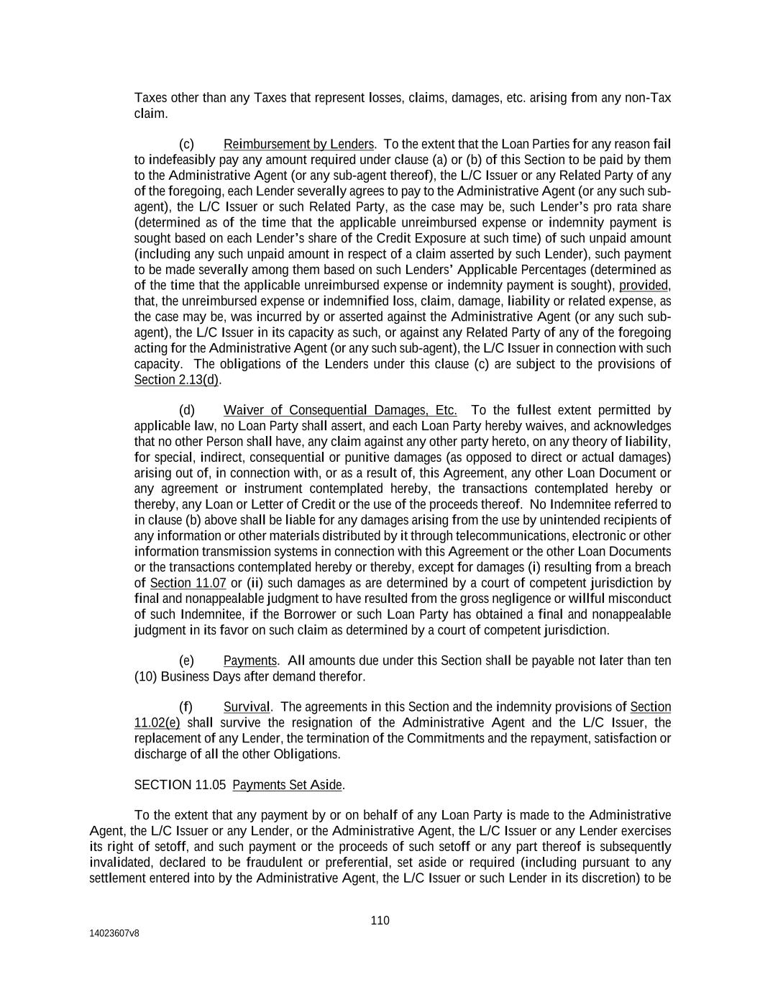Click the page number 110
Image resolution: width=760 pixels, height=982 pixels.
point(380,920)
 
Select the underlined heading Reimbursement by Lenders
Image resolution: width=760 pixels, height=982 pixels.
point(298,144)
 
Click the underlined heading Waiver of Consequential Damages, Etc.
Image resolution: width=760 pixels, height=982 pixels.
point(340,410)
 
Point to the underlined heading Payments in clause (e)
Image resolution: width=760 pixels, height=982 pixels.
point(250,660)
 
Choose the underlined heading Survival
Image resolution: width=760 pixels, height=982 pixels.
point(247,707)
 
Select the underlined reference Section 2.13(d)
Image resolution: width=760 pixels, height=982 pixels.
point(176,380)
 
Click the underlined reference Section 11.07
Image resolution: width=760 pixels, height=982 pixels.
point(188,583)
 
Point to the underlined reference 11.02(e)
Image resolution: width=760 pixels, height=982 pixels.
point(157,723)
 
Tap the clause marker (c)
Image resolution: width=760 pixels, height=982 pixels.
point(186,144)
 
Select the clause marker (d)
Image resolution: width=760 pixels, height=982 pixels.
point(186,410)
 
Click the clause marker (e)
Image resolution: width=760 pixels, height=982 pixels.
point(186,660)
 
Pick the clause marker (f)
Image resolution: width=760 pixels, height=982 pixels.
point(186,707)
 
